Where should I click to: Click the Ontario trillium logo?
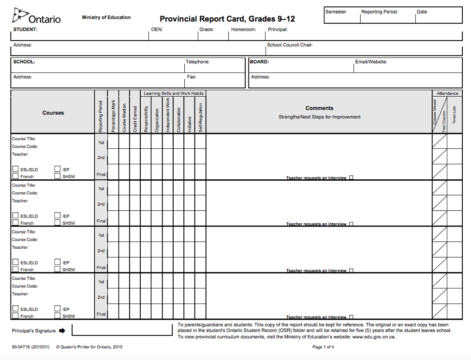pos(19,15)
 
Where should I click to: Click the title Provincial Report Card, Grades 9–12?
pos(227,19)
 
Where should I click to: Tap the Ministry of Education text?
pos(106,17)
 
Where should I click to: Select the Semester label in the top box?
pos(336,12)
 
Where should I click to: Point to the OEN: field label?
pos(157,29)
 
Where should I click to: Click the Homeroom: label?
pos(243,29)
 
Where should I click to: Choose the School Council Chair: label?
pos(290,45)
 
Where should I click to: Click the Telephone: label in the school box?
pos(198,62)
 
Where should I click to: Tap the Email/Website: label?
pos(371,62)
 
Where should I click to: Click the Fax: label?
pos(191,77)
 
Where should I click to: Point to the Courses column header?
pos(53,113)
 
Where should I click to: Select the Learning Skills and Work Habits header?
pos(174,93)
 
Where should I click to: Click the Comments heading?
pos(319,108)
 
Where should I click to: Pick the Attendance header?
pos(447,93)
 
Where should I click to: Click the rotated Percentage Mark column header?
pos(113,116)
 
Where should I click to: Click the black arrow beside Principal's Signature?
pos(62,331)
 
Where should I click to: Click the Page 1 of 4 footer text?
pos(323,347)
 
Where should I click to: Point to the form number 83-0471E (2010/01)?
pos(30,347)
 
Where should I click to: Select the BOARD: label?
pos(259,62)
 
